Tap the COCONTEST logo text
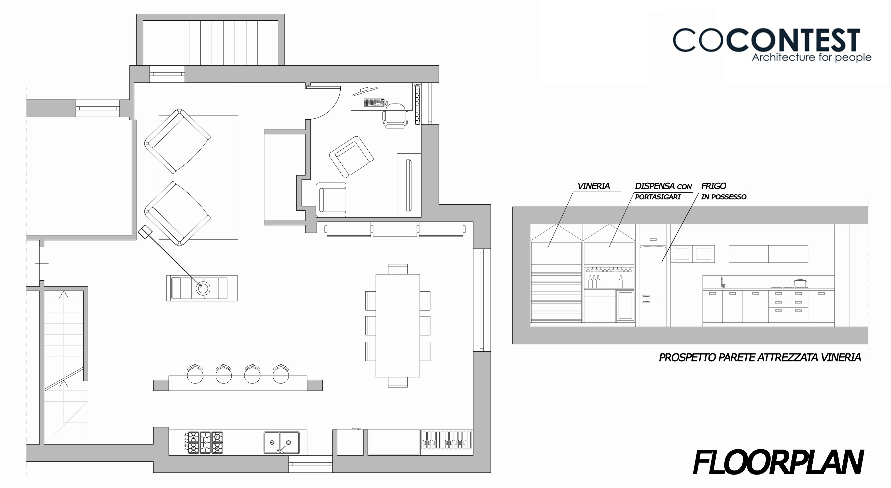click(767, 41)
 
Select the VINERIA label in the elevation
click(594, 186)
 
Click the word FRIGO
click(714, 186)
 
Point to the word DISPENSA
click(655, 186)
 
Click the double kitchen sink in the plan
click(282, 442)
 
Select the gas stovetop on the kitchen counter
click(205, 442)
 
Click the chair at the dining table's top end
click(398, 269)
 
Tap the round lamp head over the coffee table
click(203, 288)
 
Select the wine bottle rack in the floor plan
click(447, 442)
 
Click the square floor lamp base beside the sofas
click(145, 232)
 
